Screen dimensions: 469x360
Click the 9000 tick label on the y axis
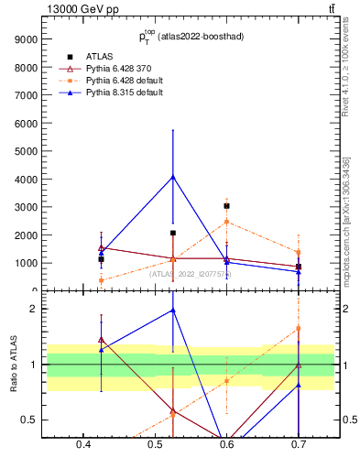24,39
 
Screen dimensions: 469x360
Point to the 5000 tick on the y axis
24,151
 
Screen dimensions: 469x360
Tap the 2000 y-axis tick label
24,235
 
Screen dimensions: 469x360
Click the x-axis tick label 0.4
83,444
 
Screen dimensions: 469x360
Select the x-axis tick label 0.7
299,444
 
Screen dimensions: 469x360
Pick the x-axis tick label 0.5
155,444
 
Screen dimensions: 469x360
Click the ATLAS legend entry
99,56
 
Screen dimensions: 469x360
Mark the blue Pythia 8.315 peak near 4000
172,176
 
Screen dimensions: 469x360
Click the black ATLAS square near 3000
226,206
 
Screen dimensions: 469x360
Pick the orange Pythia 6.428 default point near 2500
226,222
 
